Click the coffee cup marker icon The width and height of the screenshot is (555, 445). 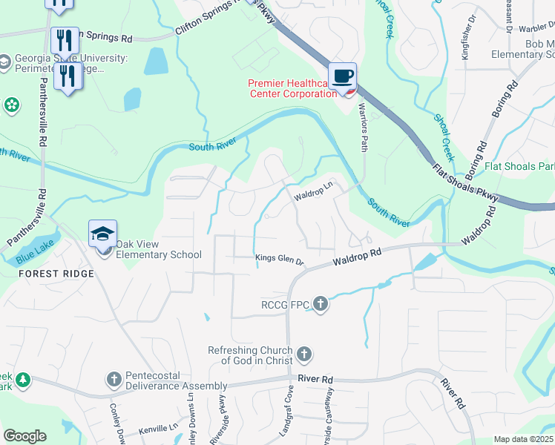click(x=342, y=76)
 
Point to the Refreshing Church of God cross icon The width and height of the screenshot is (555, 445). click(x=303, y=355)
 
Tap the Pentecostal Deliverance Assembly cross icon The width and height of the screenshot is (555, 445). click(x=114, y=380)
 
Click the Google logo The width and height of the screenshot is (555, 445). click(x=24, y=436)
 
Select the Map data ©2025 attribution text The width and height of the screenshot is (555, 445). click(x=523, y=439)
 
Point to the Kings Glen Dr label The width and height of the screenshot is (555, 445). click(x=280, y=260)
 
